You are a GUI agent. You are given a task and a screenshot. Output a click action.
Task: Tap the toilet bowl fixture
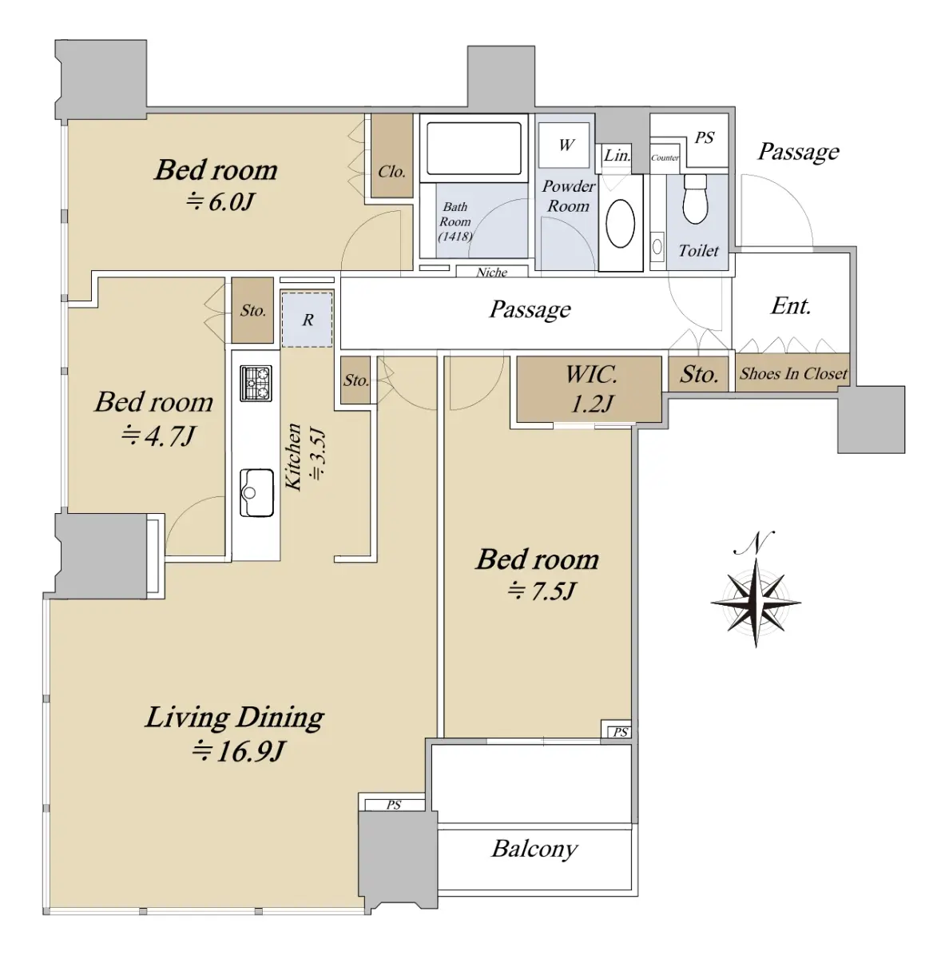[695, 200]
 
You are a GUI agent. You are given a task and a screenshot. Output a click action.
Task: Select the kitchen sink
[256, 493]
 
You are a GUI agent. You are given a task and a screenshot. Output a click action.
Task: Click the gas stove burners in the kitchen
[256, 383]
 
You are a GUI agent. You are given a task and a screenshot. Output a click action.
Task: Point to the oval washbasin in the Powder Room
[621, 224]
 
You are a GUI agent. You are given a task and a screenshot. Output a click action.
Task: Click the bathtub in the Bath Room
[474, 148]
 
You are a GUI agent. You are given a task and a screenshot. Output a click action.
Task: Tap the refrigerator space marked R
[307, 320]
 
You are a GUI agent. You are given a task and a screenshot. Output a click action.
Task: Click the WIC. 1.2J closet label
[591, 389]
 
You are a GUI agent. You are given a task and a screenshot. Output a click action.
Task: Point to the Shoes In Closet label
[793, 373]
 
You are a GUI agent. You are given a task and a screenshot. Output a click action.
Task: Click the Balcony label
[534, 848]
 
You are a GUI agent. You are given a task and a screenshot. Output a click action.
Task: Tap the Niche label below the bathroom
[491, 272]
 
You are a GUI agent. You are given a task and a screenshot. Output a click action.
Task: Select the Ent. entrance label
[791, 306]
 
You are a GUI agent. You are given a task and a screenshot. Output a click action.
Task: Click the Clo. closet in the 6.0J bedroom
[391, 172]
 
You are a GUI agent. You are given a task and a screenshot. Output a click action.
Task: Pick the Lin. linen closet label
[617, 155]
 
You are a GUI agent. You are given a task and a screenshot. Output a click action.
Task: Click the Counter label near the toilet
[665, 157]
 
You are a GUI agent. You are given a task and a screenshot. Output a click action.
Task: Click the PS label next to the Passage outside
[704, 137]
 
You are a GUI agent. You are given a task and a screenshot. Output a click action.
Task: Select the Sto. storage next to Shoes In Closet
[699, 374]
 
